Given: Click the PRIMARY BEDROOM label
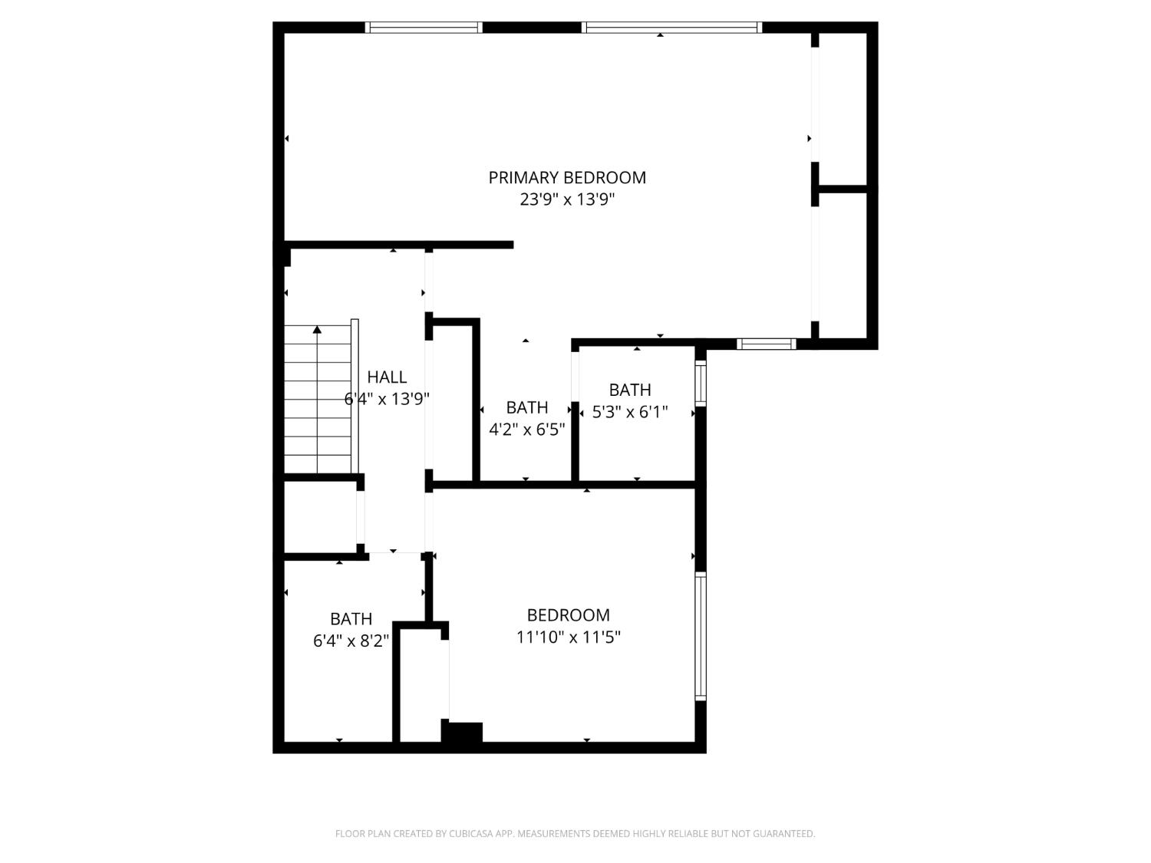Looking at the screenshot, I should [567, 177].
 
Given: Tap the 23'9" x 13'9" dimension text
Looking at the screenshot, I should [567, 199].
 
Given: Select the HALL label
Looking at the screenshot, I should [387, 377].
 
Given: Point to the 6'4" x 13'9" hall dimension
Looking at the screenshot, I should [387, 399].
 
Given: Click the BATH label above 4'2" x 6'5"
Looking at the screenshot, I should [527, 407].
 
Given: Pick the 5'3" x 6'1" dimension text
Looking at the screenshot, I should [630, 412].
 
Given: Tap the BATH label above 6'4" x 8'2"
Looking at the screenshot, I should [351, 618].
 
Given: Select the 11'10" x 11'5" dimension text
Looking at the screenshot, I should [568, 637].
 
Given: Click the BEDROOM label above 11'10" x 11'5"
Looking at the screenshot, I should [569, 615].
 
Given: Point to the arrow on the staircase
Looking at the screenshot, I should [317, 330].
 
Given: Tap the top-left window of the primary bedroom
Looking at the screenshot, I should [423, 28].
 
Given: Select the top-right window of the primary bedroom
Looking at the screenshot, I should [671, 28].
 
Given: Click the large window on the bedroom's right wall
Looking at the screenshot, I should [700, 637].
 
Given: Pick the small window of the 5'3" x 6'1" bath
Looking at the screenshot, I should [700, 383].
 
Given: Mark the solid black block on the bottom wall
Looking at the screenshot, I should [462, 733].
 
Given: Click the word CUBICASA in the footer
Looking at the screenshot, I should [470, 834].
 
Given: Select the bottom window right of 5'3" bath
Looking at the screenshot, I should [766, 344].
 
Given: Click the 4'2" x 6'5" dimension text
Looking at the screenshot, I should [527, 429].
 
